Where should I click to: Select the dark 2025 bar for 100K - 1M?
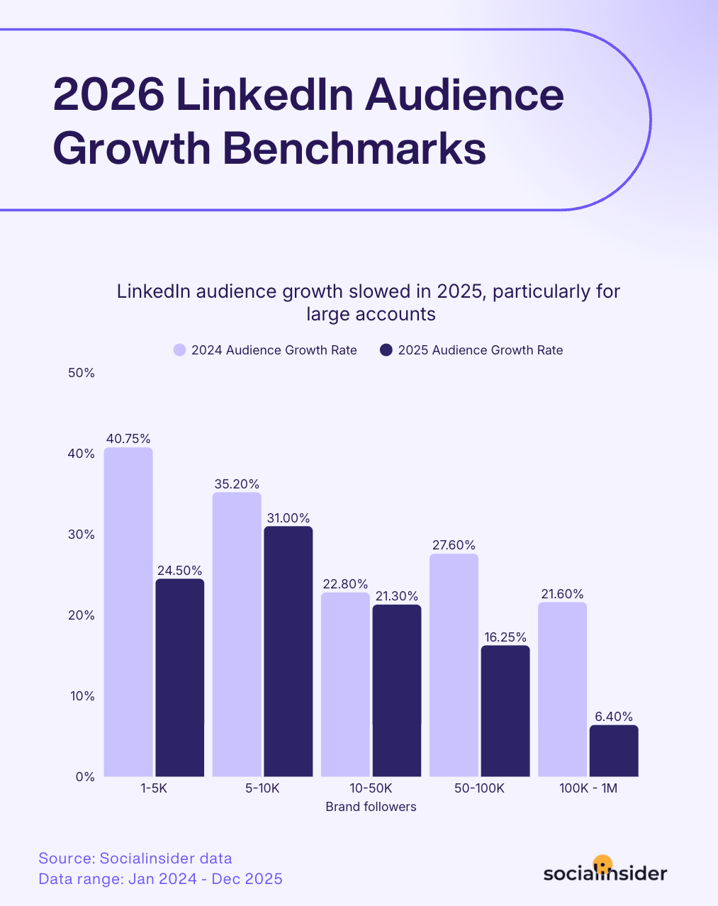pyautogui.click(x=614, y=751)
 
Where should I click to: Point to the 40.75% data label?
pyautogui.click(x=128, y=439)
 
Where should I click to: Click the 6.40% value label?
pyautogui.click(x=614, y=717)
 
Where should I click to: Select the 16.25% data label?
pyautogui.click(x=505, y=637)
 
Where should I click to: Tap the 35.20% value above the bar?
pyautogui.click(x=237, y=484)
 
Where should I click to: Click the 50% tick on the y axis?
pyautogui.click(x=82, y=373)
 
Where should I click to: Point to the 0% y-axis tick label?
pyautogui.click(x=85, y=777)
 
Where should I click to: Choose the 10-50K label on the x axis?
pyautogui.click(x=371, y=788)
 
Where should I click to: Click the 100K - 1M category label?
pyautogui.click(x=588, y=788)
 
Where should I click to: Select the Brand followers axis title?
pyautogui.click(x=371, y=807)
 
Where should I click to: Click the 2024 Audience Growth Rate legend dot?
pyautogui.click(x=179, y=350)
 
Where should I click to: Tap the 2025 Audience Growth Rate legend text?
pyautogui.click(x=481, y=350)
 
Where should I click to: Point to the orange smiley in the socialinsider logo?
pyautogui.click(x=602, y=864)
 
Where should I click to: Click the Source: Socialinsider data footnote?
pyautogui.click(x=135, y=859)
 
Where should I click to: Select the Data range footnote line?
pyautogui.click(x=160, y=879)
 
